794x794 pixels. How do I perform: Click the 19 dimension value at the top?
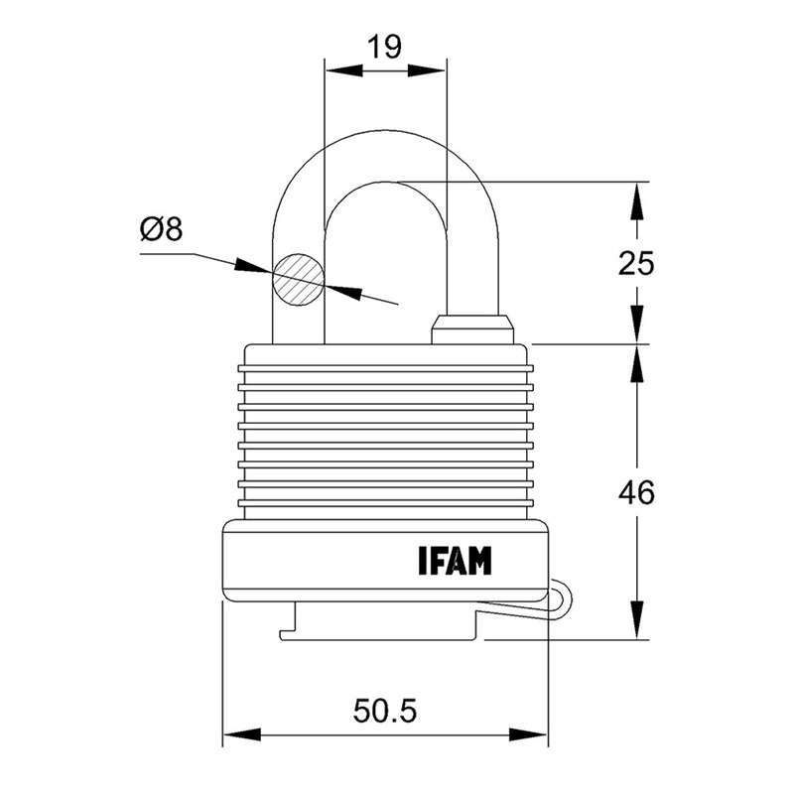click(x=384, y=47)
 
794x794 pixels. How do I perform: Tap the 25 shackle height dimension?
click(x=634, y=263)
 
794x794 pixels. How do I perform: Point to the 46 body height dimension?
click(x=634, y=492)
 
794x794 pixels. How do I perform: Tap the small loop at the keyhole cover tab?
click(x=562, y=599)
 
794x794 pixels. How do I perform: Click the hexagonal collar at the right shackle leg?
click(x=473, y=327)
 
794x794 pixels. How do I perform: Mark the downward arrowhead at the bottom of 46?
click(x=635, y=626)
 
